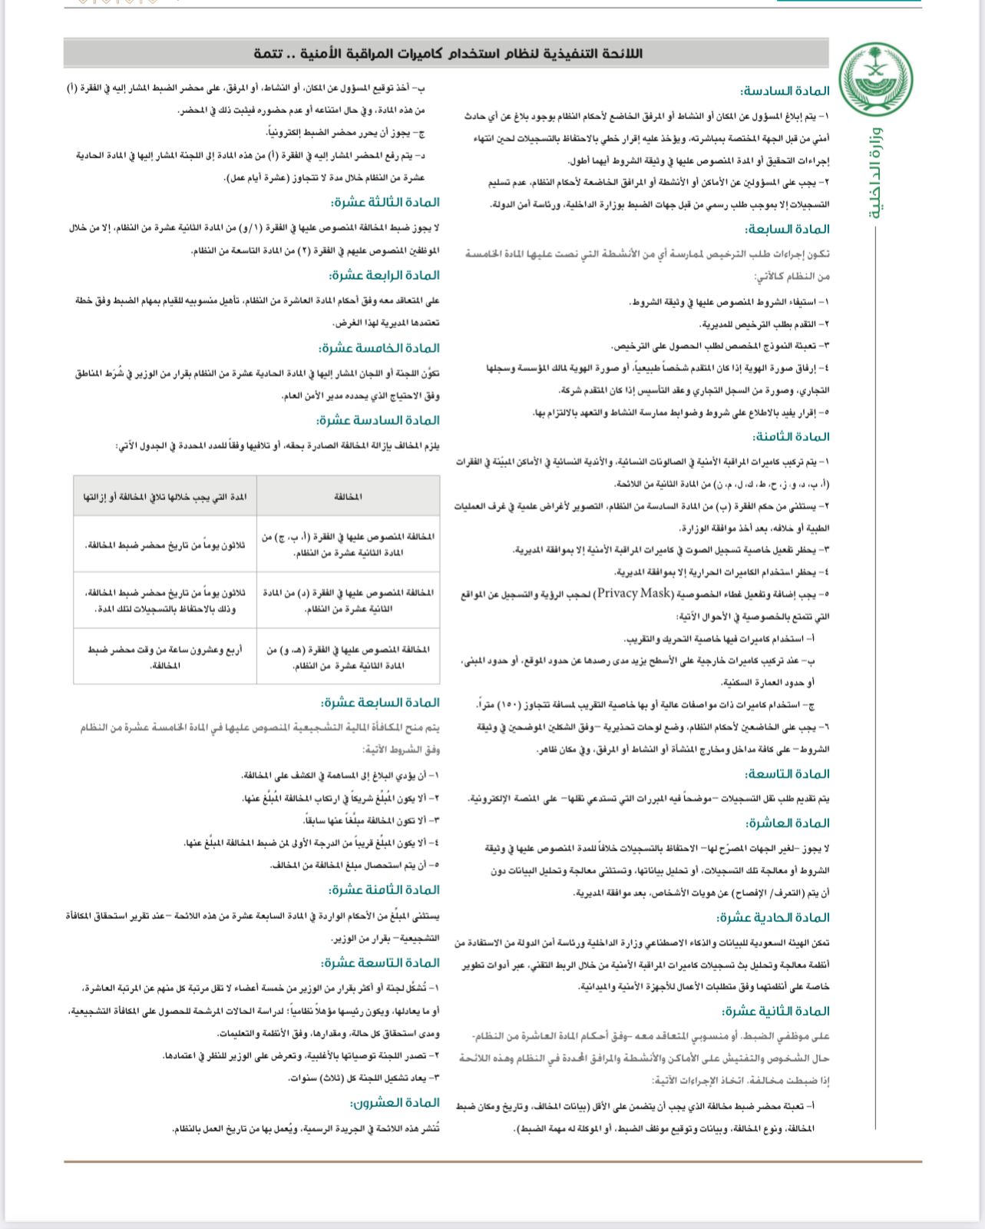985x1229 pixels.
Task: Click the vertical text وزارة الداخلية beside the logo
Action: [876, 174]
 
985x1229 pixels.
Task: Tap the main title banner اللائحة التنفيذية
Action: [448, 53]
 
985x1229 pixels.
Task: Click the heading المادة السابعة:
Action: [788, 229]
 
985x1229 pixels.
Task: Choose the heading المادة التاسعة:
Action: [788, 774]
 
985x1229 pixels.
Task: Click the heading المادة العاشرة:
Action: [788, 823]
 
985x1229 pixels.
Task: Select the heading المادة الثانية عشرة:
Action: [775, 1011]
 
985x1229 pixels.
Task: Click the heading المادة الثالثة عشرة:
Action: [385, 202]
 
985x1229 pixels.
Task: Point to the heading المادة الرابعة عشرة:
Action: [385, 275]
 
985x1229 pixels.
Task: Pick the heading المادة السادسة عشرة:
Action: [378, 420]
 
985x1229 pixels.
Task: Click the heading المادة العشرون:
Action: [395, 1102]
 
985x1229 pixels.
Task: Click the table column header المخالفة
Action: [349, 497]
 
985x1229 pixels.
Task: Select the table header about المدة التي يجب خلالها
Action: [165, 497]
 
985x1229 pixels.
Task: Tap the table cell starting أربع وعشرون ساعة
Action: [165, 657]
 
